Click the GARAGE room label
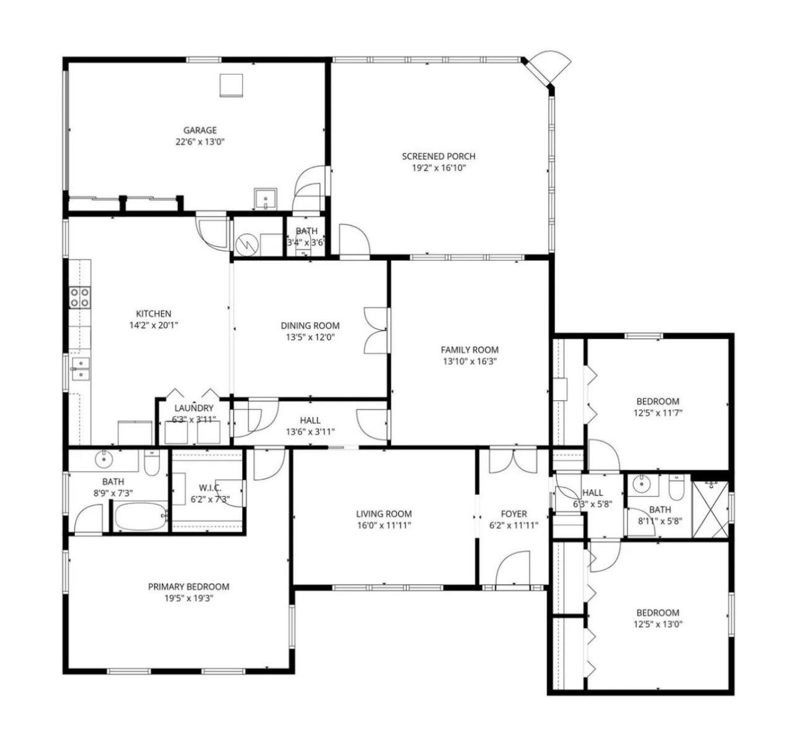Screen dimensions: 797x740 click(x=200, y=130)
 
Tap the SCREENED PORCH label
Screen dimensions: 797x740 click(x=438, y=156)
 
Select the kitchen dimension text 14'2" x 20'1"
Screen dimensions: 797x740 click(x=154, y=325)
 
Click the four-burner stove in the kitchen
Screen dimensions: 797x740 click(x=80, y=297)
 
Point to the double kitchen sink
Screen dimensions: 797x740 click(x=81, y=369)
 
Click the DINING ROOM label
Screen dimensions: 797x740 click(x=310, y=326)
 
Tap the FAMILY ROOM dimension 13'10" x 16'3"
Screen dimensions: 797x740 click(x=469, y=361)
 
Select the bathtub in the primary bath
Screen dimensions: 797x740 click(x=141, y=516)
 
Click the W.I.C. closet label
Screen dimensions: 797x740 click(x=210, y=488)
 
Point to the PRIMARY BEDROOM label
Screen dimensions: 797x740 click(x=189, y=587)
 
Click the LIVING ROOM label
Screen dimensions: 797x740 click(x=384, y=513)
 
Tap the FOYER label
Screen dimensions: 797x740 click(x=514, y=513)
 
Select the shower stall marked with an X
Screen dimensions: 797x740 click(x=710, y=510)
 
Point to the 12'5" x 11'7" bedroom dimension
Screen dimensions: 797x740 click(x=658, y=413)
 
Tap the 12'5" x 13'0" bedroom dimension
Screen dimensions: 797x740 click(x=658, y=624)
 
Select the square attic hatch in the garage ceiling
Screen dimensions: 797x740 click(x=231, y=85)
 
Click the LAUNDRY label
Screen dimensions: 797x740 click(x=194, y=408)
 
